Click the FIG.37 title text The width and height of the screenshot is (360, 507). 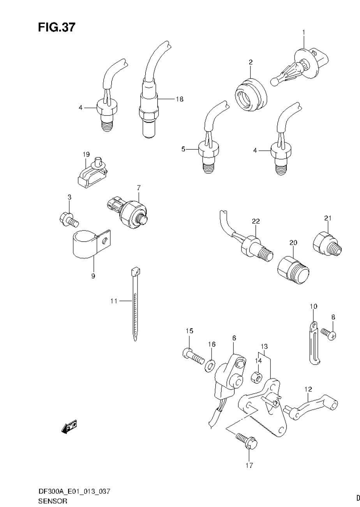[56, 27]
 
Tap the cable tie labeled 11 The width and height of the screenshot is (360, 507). [135, 304]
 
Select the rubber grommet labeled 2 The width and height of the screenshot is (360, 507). [251, 94]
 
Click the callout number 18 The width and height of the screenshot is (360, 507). [179, 99]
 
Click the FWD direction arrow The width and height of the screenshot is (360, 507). [70, 427]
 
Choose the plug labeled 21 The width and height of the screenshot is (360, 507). [328, 244]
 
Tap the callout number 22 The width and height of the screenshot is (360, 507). [256, 221]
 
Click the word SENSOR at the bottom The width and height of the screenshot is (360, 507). [53, 501]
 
